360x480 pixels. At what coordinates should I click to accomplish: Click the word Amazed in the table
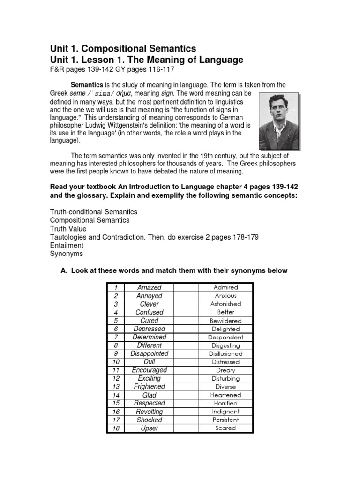pyautogui.click(x=149, y=287)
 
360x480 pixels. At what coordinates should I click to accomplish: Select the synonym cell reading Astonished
pyautogui.click(x=225, y=304)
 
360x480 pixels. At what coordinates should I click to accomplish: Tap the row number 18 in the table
pyautogui.click(x=115, y=428)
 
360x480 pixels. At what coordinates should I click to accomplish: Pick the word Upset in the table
pyautogui.click(x=149, y=428)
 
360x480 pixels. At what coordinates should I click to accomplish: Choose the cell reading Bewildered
pyautogui.click(x=225, y=321)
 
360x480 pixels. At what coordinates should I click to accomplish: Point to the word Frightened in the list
pyautogui.click(x=149, y=387)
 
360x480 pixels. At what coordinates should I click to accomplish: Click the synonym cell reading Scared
pyautogui.click(x=225, y=428)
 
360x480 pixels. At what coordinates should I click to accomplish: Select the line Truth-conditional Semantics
pyautogui.click(x=94, y=212)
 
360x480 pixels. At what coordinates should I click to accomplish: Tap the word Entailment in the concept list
pyautogui.click(x=67, y=245)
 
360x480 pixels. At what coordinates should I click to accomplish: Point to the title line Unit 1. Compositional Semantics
pyautogui.click(x=123, y=49)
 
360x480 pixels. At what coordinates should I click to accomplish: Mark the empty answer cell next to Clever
pyautogui.click(x=187, y=304)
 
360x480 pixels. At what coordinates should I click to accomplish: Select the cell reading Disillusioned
pyautogui.click(x=225, y=354)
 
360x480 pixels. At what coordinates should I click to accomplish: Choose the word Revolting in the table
pyautogui.click(x=149, y=412)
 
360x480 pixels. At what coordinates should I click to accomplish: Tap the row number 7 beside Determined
pyautogui.click(x=115, y=337)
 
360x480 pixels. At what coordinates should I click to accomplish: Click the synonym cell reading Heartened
pyautogui.click(x=225, y=395)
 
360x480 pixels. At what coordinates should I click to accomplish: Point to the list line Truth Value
pyautogui.click(x=68, y=229)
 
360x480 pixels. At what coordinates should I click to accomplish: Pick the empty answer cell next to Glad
pyautogui.click(x=187, y=395)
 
